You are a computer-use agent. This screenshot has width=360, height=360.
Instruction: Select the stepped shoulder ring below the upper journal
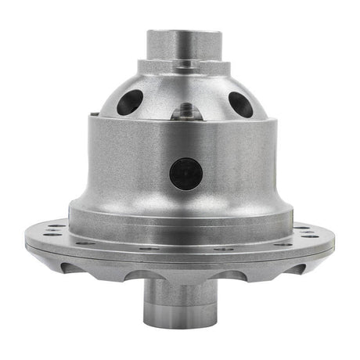click(181, 69)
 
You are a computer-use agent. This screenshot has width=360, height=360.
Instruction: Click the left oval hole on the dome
click(131, 101)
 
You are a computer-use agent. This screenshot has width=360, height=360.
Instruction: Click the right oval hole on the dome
click(240, 104)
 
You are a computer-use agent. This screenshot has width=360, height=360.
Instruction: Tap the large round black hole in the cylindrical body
click(186, 173)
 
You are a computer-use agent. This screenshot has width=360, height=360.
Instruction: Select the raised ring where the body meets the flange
click(181, 215)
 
